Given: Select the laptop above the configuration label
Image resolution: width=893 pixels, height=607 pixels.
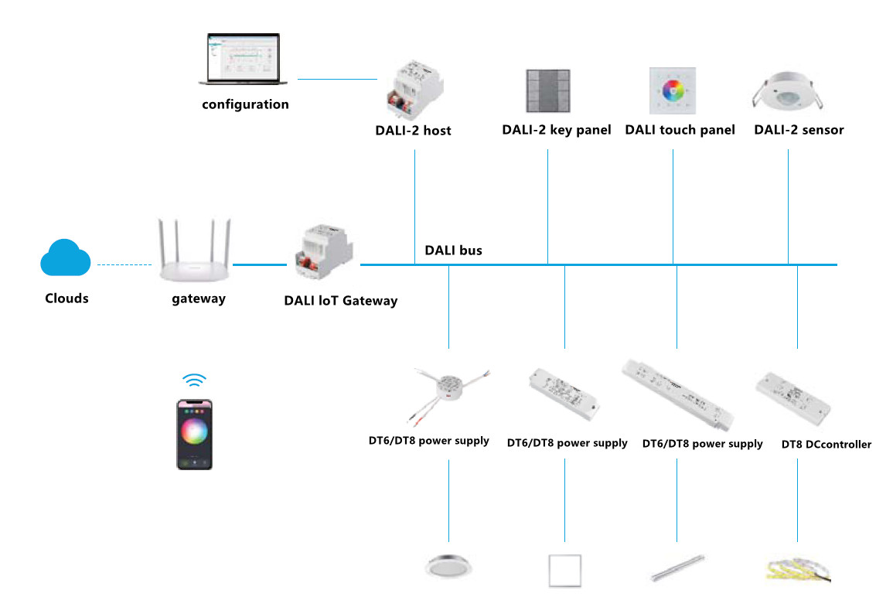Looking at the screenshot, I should tap(245, 60).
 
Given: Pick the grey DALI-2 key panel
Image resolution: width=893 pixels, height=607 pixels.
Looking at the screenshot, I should tap(547, 91).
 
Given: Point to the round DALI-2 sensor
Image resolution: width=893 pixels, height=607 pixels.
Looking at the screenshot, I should tap(788, 92).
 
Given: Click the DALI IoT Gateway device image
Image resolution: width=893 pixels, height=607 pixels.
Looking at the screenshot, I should tap(323, 255).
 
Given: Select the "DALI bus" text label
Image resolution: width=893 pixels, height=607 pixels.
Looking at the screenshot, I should tap(453, 251).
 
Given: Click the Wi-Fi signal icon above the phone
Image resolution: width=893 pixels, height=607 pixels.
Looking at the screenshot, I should tap(194, 380).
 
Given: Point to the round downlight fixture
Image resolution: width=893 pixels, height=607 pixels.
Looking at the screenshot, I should tap(448, 566).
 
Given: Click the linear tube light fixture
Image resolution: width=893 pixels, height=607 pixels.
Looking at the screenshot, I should tap(677, 568).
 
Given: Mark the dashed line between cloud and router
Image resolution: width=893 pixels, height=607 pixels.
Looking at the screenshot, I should tap(124, 265).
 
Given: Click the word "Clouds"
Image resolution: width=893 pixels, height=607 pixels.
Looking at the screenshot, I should tap(66, 298).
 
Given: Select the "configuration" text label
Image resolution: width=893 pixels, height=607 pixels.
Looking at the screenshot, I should tap(245, 104).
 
